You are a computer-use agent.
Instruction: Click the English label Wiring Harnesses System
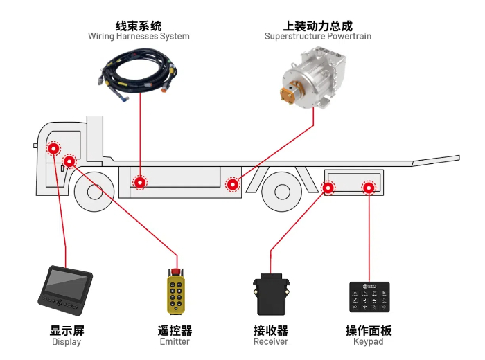tap(139, 36)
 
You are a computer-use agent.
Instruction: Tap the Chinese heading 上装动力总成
tap(318, 24)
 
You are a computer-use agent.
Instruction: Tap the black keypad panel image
tap(369, 298)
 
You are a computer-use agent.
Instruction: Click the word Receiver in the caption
tap(270, 342)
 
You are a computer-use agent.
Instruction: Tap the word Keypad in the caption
tap(369, 342)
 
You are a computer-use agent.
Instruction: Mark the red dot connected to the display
tap(53, 149)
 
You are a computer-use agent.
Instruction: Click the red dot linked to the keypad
tap(369, 188)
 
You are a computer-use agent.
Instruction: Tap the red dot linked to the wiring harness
tap(141, 183)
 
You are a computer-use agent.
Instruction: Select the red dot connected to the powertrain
tap(233, 184)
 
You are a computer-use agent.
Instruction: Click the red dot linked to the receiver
tap(328, 187)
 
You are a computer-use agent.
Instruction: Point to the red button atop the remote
tap(176, 270)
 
